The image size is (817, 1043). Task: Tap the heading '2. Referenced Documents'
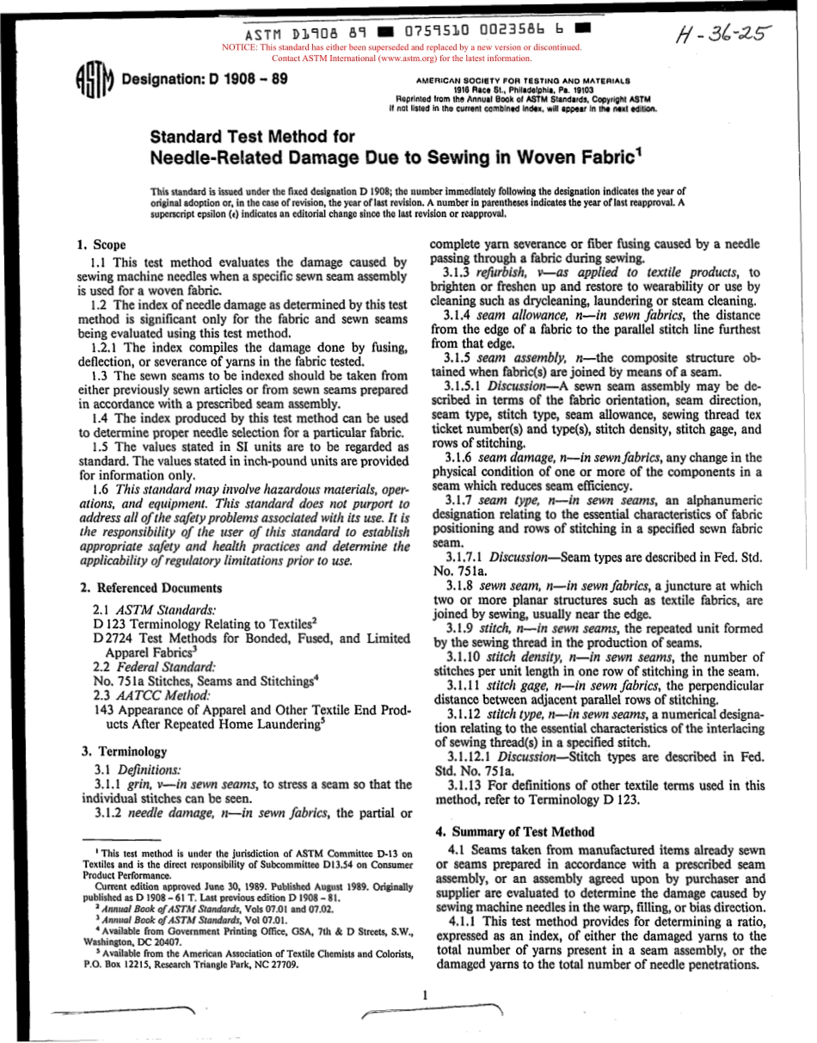[150, 588]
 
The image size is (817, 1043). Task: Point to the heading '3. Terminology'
[123, 751]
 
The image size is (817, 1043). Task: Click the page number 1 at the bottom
[425, 995]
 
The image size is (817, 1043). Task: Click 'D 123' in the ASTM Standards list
[107, 624]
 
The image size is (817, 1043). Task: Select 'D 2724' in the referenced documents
[112, 639]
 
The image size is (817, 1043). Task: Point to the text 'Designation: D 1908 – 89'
[205, 79]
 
